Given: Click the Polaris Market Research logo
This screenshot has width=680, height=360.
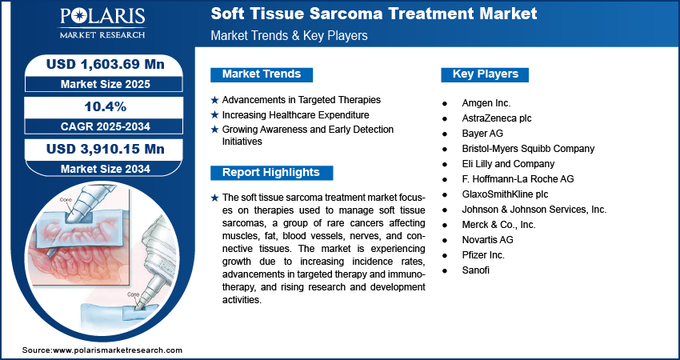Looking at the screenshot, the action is pyautogui.click(x=102, y=23).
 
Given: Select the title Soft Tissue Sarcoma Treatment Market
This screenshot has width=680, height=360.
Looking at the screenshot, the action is pyautogui.click(x=374, y=14).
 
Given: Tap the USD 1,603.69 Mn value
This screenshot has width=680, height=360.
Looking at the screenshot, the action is pyautogui.click(x=106, y=64).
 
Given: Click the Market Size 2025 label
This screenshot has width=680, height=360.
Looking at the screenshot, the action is pyautogui.click(x=106, y=84).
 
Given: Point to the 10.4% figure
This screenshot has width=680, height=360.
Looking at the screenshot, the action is pyautogui.click(x=106, y=106).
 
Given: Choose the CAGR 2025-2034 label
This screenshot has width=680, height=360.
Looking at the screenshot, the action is pyautogui.click(x=106, y=126).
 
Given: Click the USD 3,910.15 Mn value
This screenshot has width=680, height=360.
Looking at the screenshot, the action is pyautogui.click(x=106, y=149).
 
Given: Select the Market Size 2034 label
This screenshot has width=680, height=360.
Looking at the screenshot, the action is pyautogui.click(x=106, y=168).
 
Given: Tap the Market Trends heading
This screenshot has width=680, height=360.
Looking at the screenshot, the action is pyautogui.click(x=262, y=74).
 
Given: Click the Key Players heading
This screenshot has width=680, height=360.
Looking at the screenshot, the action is pyautogui.click(x=486, y=74).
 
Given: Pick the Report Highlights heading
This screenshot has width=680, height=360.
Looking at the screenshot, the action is pyautogui.click(x=271, y=172).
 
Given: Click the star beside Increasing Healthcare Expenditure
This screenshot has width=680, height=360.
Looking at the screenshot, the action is pyautogui.click(x=214, y=115).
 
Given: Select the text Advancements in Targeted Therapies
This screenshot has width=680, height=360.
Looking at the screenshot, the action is pyautogui.click(x=302, y=100).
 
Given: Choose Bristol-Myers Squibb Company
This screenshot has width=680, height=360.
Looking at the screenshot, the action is pyautogui.click(x=528, y=149).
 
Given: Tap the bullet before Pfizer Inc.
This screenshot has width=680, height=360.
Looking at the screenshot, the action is pyautogui.click(x=445, y=255).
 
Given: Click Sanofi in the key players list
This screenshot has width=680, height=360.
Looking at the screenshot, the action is pyautogui.click(x=476, y=270).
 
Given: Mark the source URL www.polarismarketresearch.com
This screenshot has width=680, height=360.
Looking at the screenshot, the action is pyautogui.click(x=118, y=350).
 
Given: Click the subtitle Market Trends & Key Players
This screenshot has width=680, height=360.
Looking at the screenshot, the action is pyautogui.click(x=290, y=35).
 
